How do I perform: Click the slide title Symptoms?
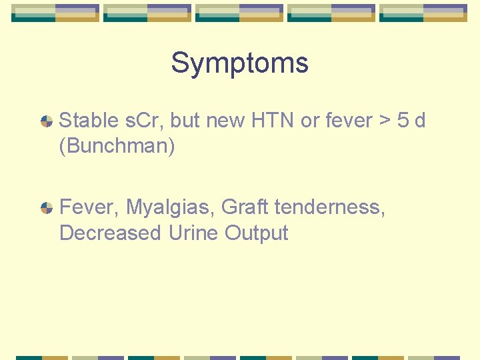pyautogui.click(x=239, y=63)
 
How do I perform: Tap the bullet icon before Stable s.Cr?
pyautogui.click(x=47, y=121)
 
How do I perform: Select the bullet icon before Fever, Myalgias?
pyautogui.click(x=47, y=208)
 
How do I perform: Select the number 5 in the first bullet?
pyautogui.click(x=403, y=121)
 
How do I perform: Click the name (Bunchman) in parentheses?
pyautogui.click(x=117, y=146)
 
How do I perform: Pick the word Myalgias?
pyautogui.click(x=171, y=208)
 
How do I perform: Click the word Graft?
pyautogui.click(x=245, y=207)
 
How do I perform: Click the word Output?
pyautogui.click(x=257, y=234)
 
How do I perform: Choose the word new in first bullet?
pyautogui.click(x=225, y=121)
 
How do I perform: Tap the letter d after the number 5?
pyautogui.click(x=420, y=121)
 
